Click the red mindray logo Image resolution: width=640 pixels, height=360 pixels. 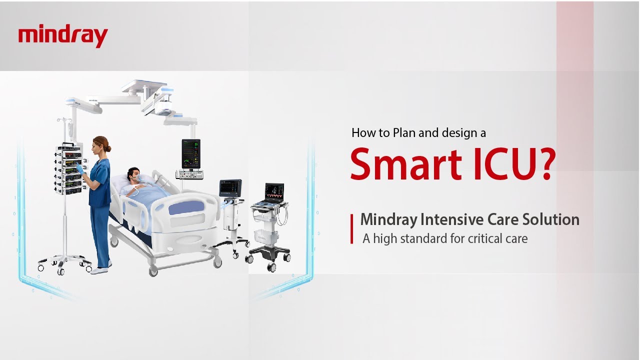tap(63, 36)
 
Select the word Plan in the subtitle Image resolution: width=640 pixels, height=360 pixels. tap(405, 132)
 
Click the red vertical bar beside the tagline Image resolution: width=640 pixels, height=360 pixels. tap(352, 228)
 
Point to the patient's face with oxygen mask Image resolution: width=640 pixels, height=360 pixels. tap(134, 175)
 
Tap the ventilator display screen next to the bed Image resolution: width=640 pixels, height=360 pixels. tap(230, 188)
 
